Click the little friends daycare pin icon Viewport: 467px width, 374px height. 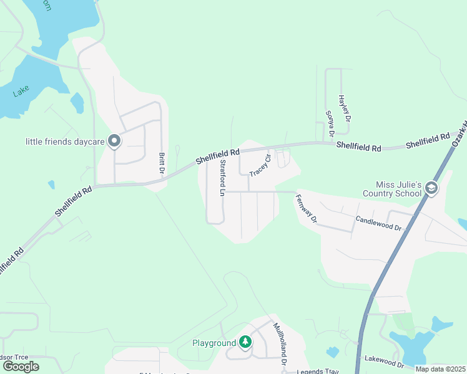pyautogui.click(x=114, y=141)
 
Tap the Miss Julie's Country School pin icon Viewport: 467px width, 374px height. pyautogui.click(x=431, y=188)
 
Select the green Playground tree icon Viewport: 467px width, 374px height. pyautogui.click(x=245, y=342)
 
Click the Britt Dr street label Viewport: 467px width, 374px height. pyautogui.click(x=161, y=163)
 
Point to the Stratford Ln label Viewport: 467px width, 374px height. pyautogui.click(x=222, y=178)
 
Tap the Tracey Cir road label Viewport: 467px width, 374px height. pyautogui.click(x=260, y=164)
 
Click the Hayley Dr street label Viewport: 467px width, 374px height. pyautogui.click(x=343, y=108)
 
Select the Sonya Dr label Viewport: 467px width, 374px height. pyautogui.click(x=330, y=123)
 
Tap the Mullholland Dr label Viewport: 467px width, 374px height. pyautogui.click(x=278, y=343)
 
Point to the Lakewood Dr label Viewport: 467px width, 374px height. pyautogui.click(x=384, y=362)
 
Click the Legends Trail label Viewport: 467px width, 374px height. pyautogui.click(x=317, y=371)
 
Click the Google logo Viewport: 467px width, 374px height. pyautogui.click(x=21, y=366)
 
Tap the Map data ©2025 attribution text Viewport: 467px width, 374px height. pyautogui.click(x=440, y=369)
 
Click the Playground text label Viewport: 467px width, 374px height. pyautogui.click(x=214, y=343)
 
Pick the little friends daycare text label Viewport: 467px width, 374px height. pyautogui.click(x=64, y=141)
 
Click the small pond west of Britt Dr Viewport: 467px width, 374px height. pyautogui.click(x=77, y=102)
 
